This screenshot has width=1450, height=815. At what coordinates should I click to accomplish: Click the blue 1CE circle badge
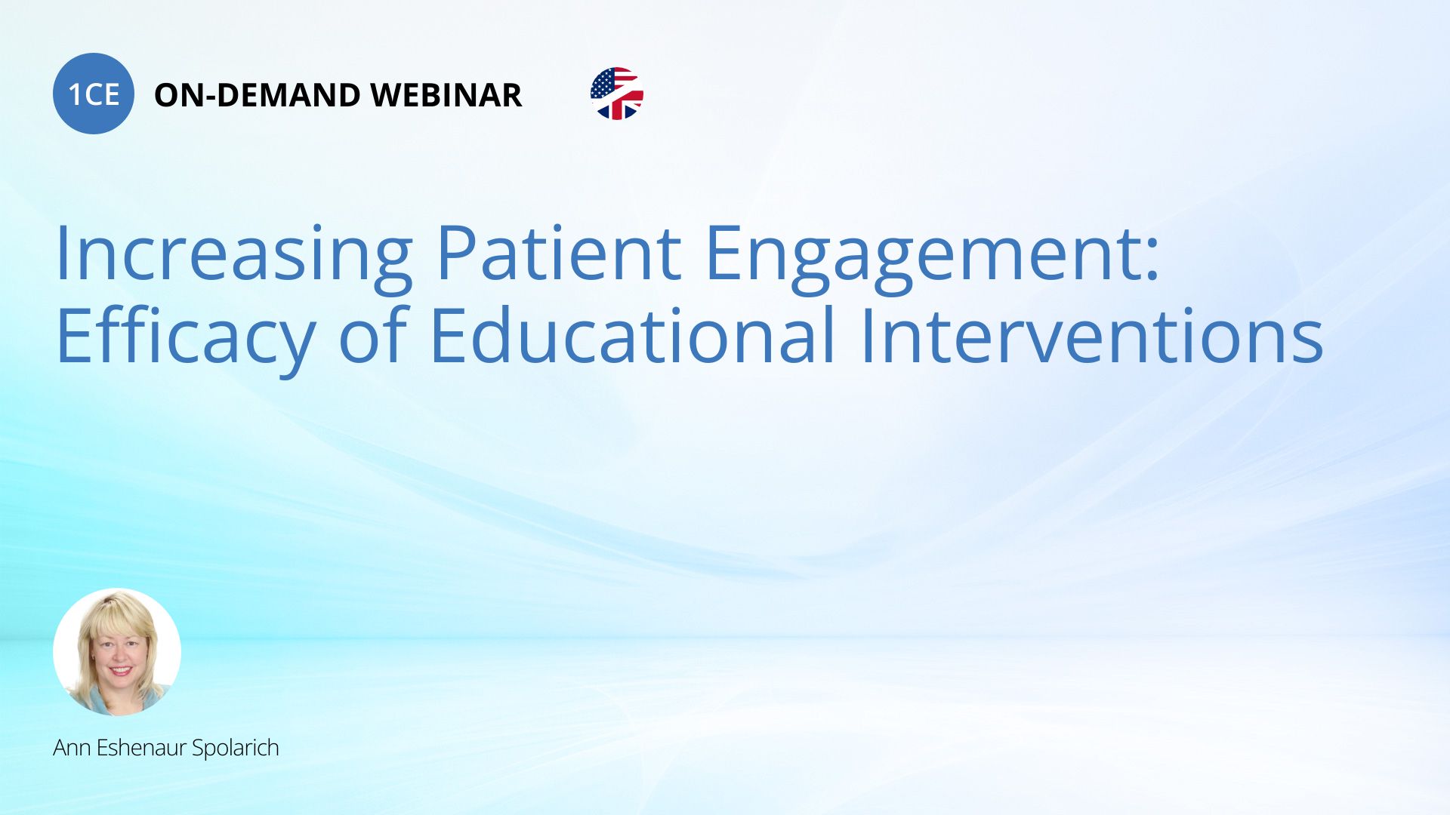[94, 94]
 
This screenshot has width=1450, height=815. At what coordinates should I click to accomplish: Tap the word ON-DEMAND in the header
[257, 95]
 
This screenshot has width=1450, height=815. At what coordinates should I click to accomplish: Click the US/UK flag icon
[617, 94]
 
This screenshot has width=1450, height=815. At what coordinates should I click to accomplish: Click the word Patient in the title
[559, 253]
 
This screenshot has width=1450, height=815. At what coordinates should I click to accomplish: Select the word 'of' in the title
[373, 334]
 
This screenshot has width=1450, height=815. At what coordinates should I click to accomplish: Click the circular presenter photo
[117, 652]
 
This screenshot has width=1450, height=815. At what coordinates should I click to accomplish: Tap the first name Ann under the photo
[72, 748]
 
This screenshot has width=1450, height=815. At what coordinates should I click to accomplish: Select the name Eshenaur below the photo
[141, 748]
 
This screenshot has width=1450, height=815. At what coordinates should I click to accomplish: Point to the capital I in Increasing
[62, 253]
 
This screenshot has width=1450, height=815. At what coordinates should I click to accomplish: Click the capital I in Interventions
[867, 335]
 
